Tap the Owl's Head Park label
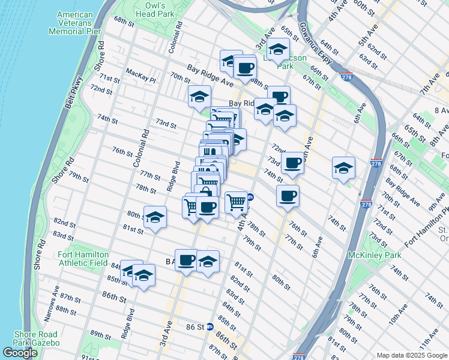pos(155,8)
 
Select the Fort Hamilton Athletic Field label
pos(83,259)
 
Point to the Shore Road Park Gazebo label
pos(36,338)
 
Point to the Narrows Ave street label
pos(54,307)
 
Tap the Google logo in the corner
pos(20,353)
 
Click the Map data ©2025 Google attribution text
pos(412,355)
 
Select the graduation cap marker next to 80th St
pos(155,217)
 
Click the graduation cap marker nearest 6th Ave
pos(344,168)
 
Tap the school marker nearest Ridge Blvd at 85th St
pos(143,275)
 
